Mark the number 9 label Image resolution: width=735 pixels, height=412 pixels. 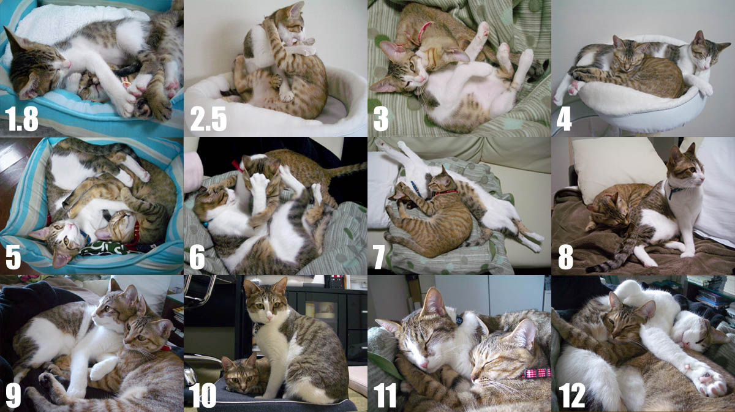tap(13, 395)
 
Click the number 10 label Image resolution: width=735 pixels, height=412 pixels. tap(203, 395)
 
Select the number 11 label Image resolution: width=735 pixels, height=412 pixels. tap(385, 395)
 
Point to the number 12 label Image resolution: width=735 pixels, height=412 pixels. tap(571, 395)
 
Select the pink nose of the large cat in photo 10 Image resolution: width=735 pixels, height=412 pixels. tap(269, 317)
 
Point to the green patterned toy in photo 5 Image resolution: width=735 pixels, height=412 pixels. tap(104, 248)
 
